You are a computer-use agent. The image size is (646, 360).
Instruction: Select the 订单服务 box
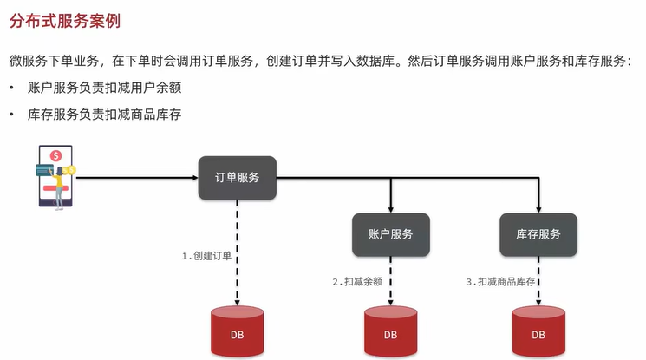point(237,178)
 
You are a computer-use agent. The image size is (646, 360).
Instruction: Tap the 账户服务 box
point(390,234)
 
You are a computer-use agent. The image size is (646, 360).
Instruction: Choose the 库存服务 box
point(538,234)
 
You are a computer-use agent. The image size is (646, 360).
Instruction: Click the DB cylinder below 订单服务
point(237,333)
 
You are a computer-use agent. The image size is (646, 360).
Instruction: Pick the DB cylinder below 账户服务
point(390,333)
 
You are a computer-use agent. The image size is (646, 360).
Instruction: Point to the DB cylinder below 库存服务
point(538,333)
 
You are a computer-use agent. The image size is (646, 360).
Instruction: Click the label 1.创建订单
point(206,257)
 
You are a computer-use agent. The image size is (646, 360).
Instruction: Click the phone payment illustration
point(55,177)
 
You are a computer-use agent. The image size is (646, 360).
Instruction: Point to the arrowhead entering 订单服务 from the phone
point(194,178)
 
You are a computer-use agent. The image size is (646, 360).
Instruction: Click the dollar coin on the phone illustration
point(55,155)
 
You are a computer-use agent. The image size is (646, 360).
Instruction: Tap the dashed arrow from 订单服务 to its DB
point(237,252)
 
